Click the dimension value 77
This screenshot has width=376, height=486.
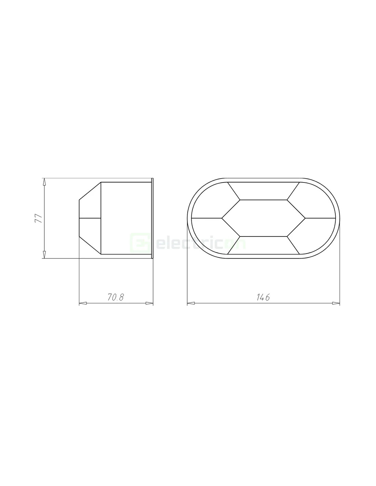click(x=39, y=218)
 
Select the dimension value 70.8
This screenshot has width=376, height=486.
click(x=116, y=297)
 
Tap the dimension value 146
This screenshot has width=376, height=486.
click(x=263, y=297)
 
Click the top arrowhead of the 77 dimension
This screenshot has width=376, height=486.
click(x=44, y=181)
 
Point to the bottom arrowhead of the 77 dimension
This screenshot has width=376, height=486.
click(x=44, y=255)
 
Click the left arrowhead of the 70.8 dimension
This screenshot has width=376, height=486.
click(x=83, y=303)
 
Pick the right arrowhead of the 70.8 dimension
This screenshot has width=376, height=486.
click(x=149, y=303)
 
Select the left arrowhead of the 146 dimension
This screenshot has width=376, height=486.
click(x=191, y=303)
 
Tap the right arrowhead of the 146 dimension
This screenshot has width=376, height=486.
click(x=336, y=303)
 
